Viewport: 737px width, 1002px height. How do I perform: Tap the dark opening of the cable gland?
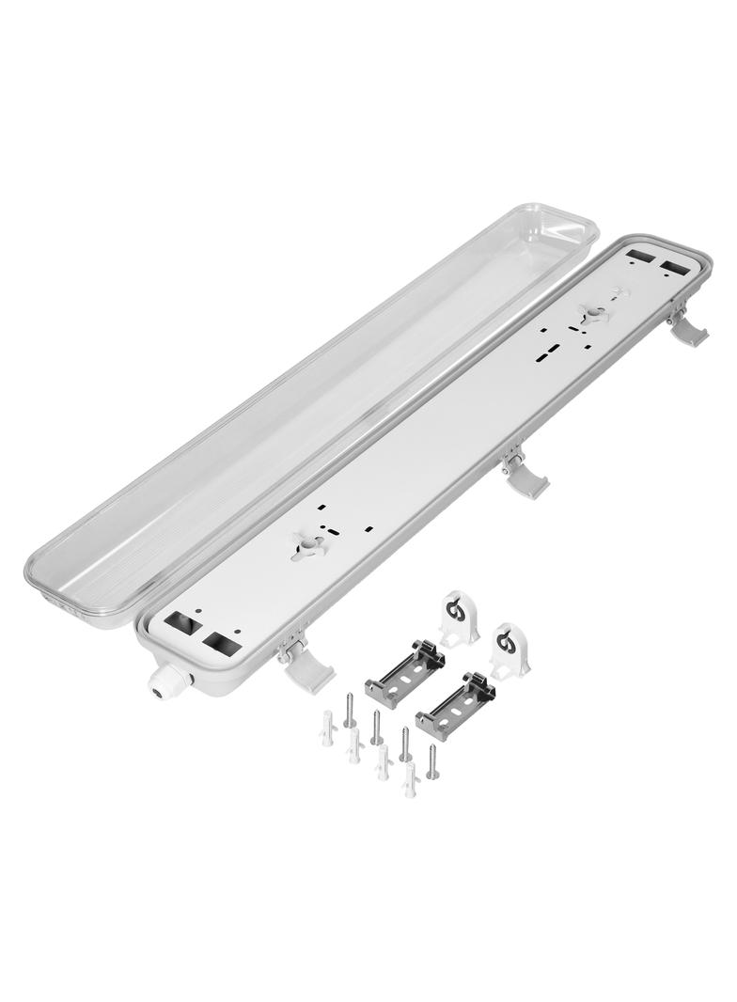point(154,692)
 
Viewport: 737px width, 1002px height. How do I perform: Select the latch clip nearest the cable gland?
point(306,668)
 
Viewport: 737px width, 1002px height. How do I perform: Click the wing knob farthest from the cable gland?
point(594,315)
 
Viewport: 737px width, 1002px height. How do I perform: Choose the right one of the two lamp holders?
point(509,650)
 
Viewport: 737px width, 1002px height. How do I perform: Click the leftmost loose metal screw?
point(349,710)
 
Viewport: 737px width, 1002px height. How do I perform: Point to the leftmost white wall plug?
point(327,728)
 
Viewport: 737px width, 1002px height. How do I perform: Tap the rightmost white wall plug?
point(410,779)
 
